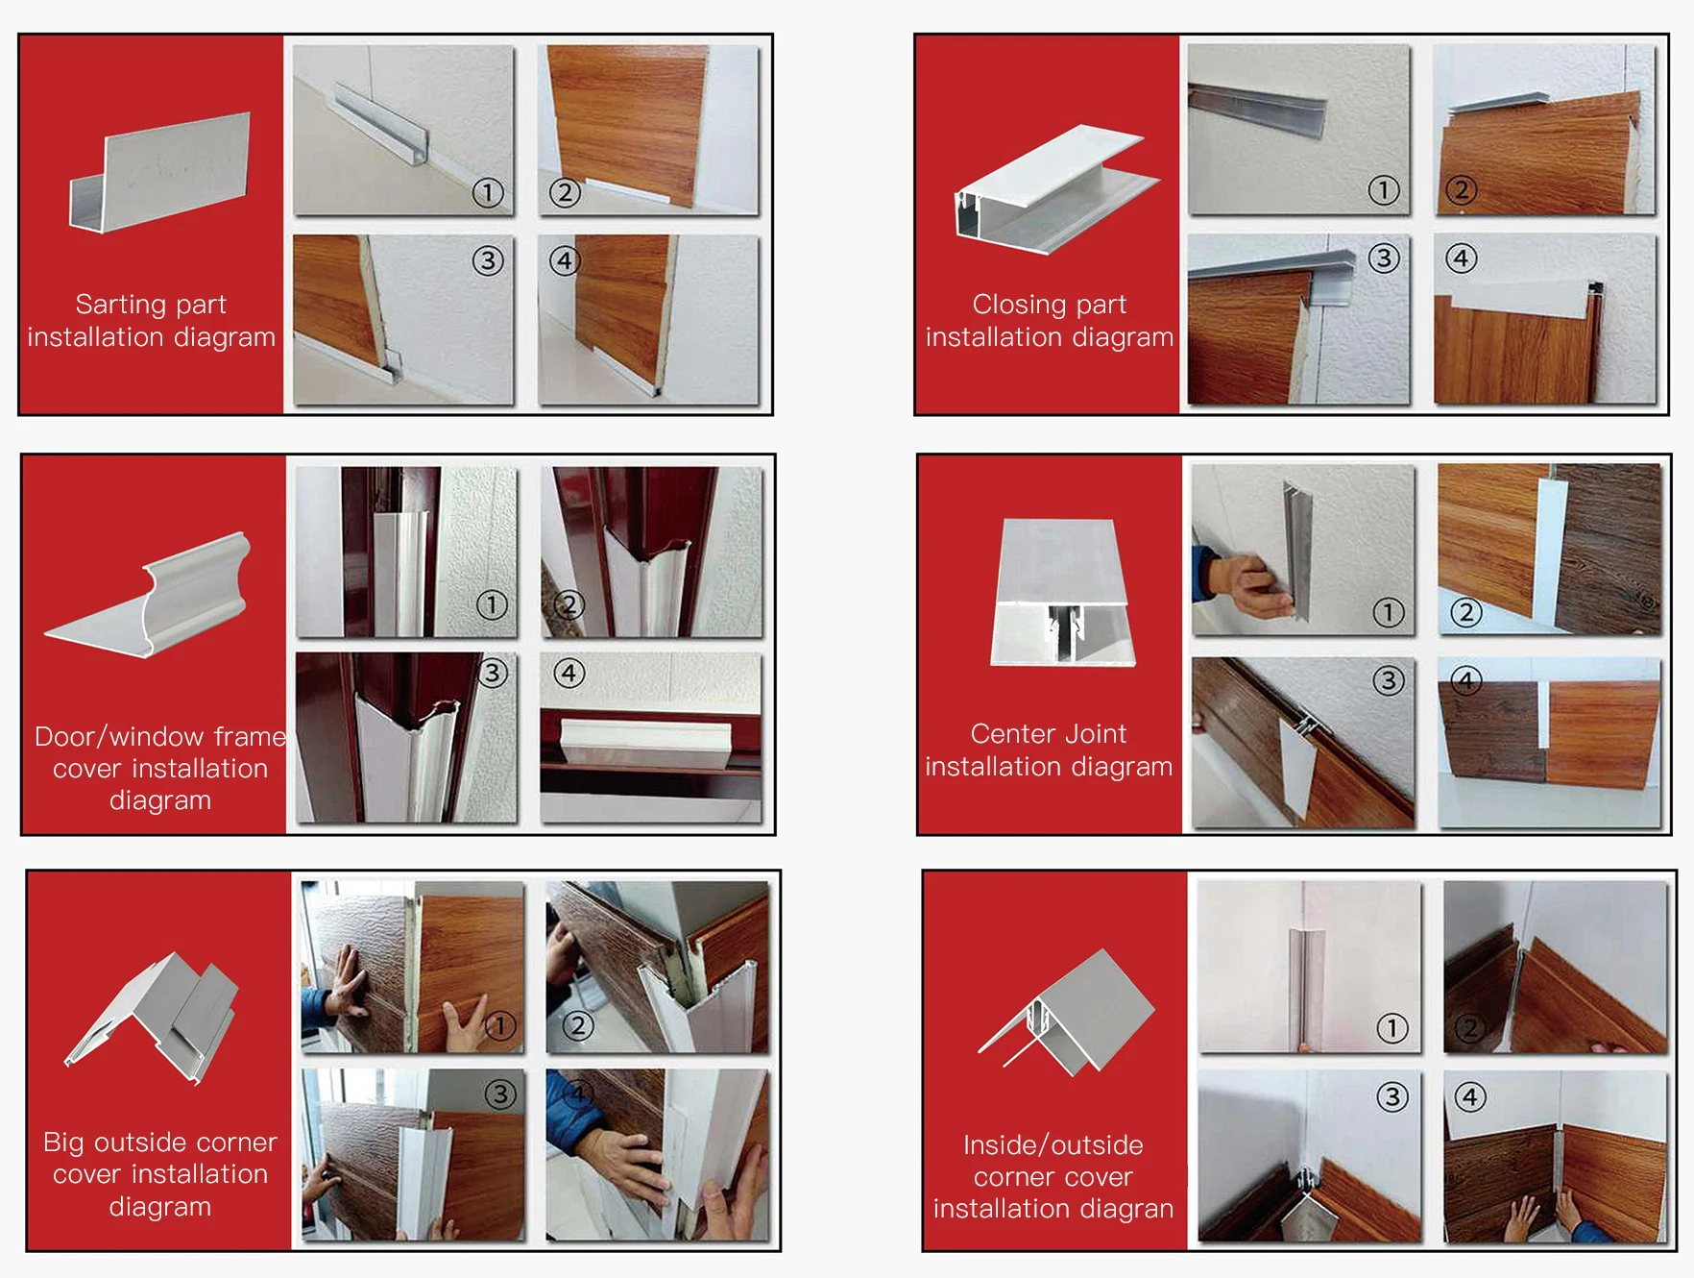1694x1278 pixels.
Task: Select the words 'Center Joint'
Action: (1048, 734)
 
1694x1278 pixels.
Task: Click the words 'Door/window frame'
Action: (160, 737)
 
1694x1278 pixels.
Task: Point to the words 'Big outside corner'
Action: (160, 1143)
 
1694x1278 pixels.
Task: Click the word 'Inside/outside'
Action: (1053, 1145)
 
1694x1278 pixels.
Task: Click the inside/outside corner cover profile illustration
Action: (1066, 1015)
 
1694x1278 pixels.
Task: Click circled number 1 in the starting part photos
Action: (488, 192)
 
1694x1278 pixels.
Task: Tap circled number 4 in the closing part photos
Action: (1461, 258)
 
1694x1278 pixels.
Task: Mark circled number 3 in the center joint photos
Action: (1388, 681)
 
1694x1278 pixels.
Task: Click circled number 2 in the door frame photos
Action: (569, 604)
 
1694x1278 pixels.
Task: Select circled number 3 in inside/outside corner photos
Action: (1391, 1096)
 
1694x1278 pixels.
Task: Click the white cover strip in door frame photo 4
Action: (646, 739)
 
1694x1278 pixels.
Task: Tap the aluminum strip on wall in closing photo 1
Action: (1257, 105)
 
